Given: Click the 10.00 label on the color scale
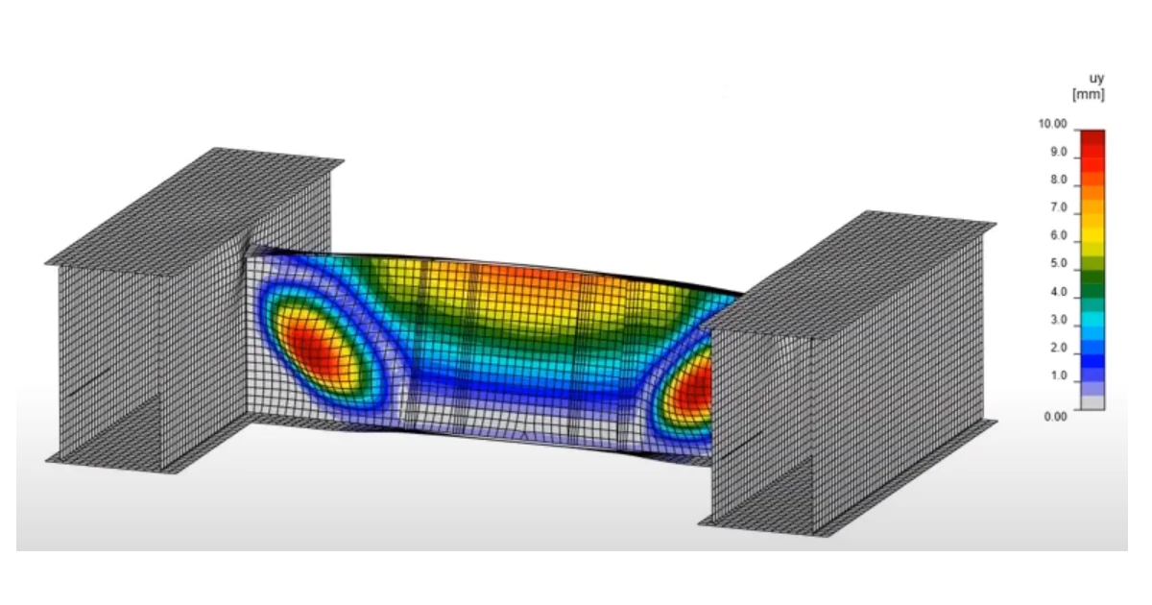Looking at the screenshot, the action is (1052, 124).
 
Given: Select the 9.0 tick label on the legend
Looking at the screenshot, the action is (1058, 153).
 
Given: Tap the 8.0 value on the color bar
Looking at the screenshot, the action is (1058, 181).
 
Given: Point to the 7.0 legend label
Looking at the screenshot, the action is (1058, 207).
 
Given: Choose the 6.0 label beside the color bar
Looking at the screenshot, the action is (1058, 235).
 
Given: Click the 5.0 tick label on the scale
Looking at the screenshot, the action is (1058, 263).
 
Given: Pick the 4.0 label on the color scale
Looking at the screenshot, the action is (1058, 292).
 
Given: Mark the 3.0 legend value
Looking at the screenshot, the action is (1058, 320).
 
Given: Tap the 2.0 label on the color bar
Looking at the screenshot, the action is (1058, 348).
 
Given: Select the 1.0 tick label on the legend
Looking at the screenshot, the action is (1058, 375).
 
